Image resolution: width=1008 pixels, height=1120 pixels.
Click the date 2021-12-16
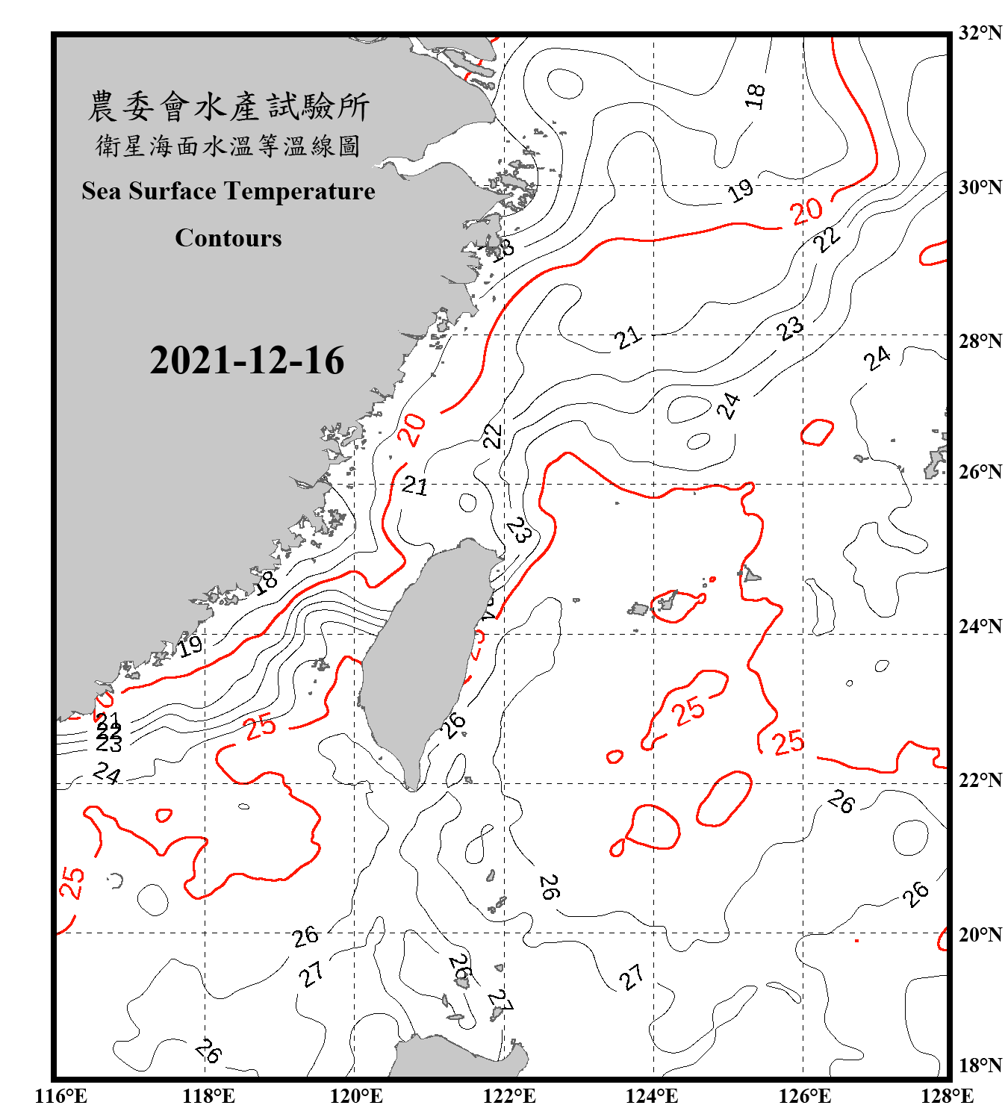tap(246, 361)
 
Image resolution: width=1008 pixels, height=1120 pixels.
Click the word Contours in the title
tap(228, 238)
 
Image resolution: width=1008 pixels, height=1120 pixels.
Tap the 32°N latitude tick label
tap(980, 33)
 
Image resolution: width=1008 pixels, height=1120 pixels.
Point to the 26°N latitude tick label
tap(980, 472)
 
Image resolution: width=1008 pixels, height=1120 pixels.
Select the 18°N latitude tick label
tap(980, 1065)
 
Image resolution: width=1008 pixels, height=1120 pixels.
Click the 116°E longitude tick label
tap(61, 1096)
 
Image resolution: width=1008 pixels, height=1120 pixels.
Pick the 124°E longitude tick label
tap(652, 1096)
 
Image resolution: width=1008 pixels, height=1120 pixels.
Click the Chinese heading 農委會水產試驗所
tap(228, 107)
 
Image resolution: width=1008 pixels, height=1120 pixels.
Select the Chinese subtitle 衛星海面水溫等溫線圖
tap(228, 146)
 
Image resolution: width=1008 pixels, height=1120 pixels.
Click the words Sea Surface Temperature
tap(228, 191)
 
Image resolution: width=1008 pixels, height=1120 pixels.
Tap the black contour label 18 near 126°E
tap(755, 96)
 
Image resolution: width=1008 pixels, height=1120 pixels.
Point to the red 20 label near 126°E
tap(806, 212)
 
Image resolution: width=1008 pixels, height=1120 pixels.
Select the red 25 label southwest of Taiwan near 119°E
tap(260, 727)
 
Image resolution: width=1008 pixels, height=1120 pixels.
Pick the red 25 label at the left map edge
tap(72, 883)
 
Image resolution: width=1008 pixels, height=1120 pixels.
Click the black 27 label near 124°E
tap(631, 977)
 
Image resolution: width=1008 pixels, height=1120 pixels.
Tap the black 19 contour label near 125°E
tap(741, 190)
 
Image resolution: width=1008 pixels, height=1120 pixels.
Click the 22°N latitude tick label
tap(980, 780)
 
